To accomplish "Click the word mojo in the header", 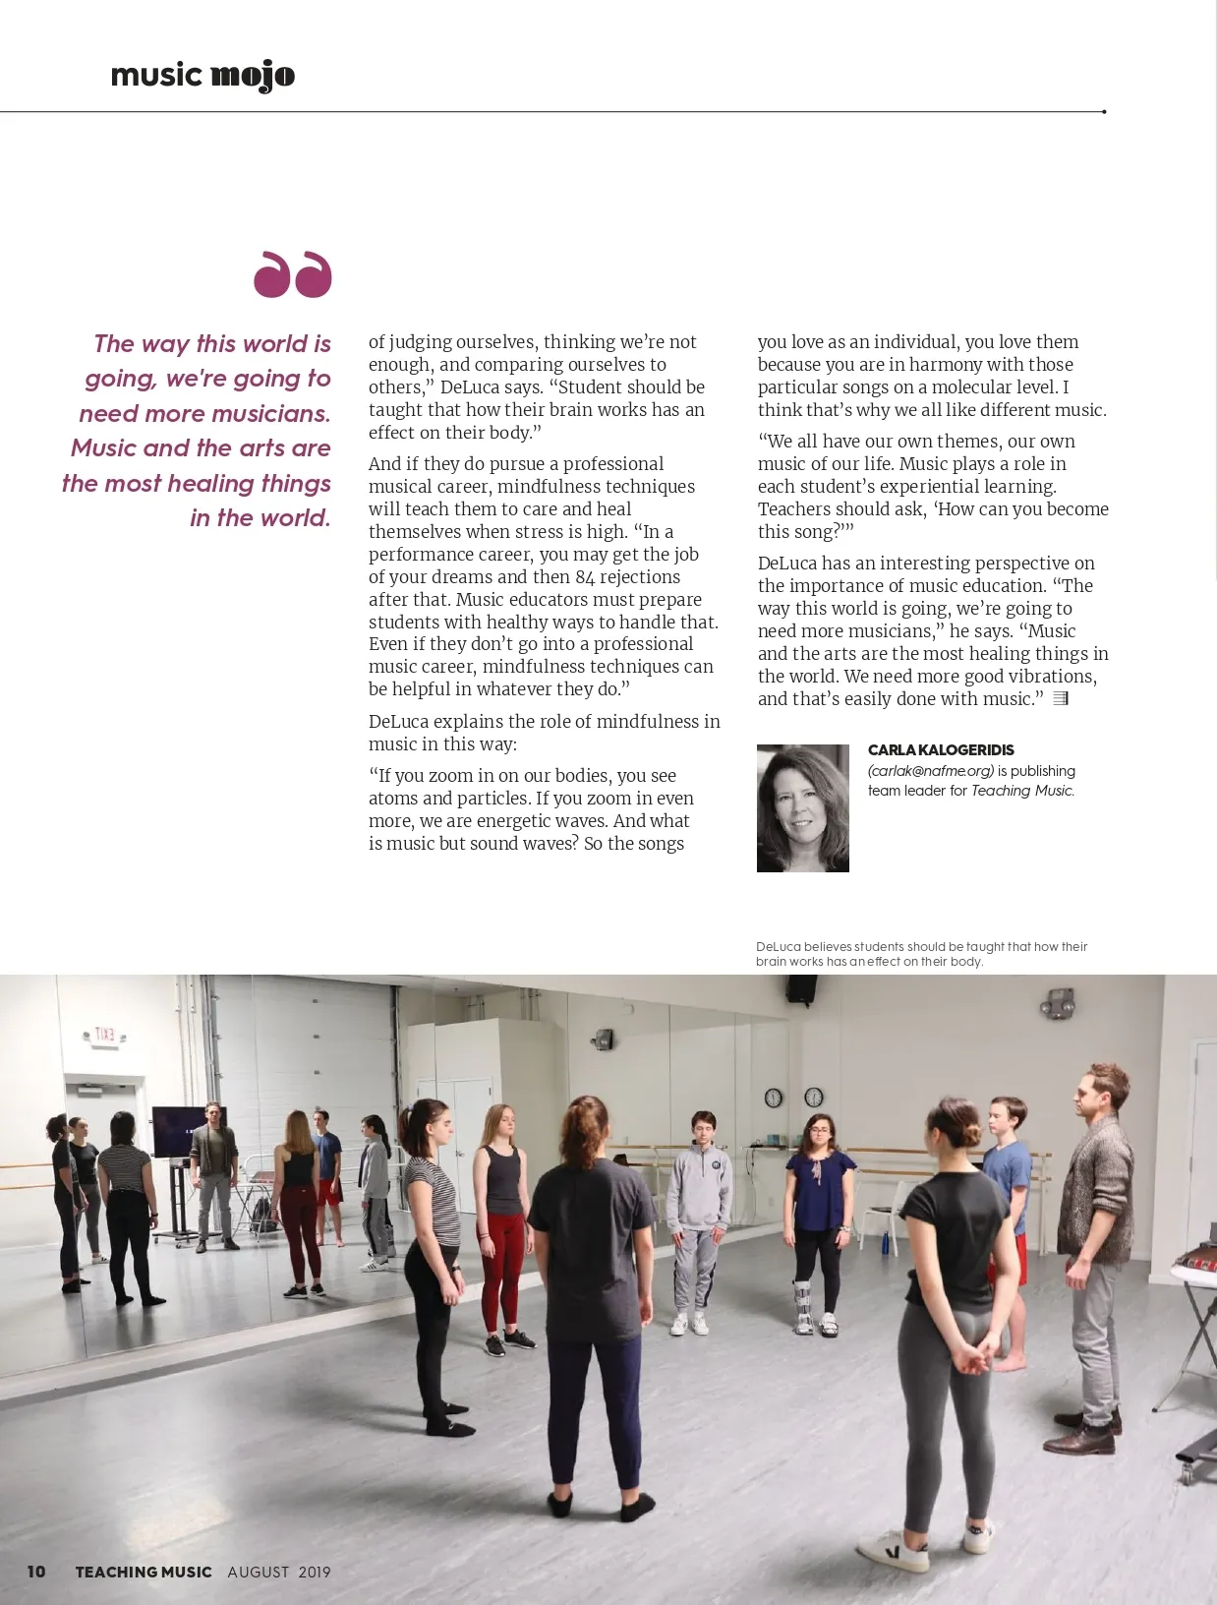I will click(x=253, y=76).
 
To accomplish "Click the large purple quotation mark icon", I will click(x=293, y=274).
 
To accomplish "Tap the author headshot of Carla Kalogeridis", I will click(x=802, y=808).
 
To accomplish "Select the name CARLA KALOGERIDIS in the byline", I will click(x=941, y=750).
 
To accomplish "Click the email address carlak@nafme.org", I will click(x=931, y=771).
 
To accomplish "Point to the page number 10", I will click(x=36, y=1572).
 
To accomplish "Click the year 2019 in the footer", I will click(x=315, y=1572).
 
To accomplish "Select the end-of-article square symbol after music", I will click(x=1061, y=699).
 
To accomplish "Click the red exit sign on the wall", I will click(x=104, y=1035).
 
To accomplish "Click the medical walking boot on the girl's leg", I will click(x=804, y=1306).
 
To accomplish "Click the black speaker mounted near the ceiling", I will click(x=802, y=987).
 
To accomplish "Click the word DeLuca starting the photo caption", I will click(x=778, y=947).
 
